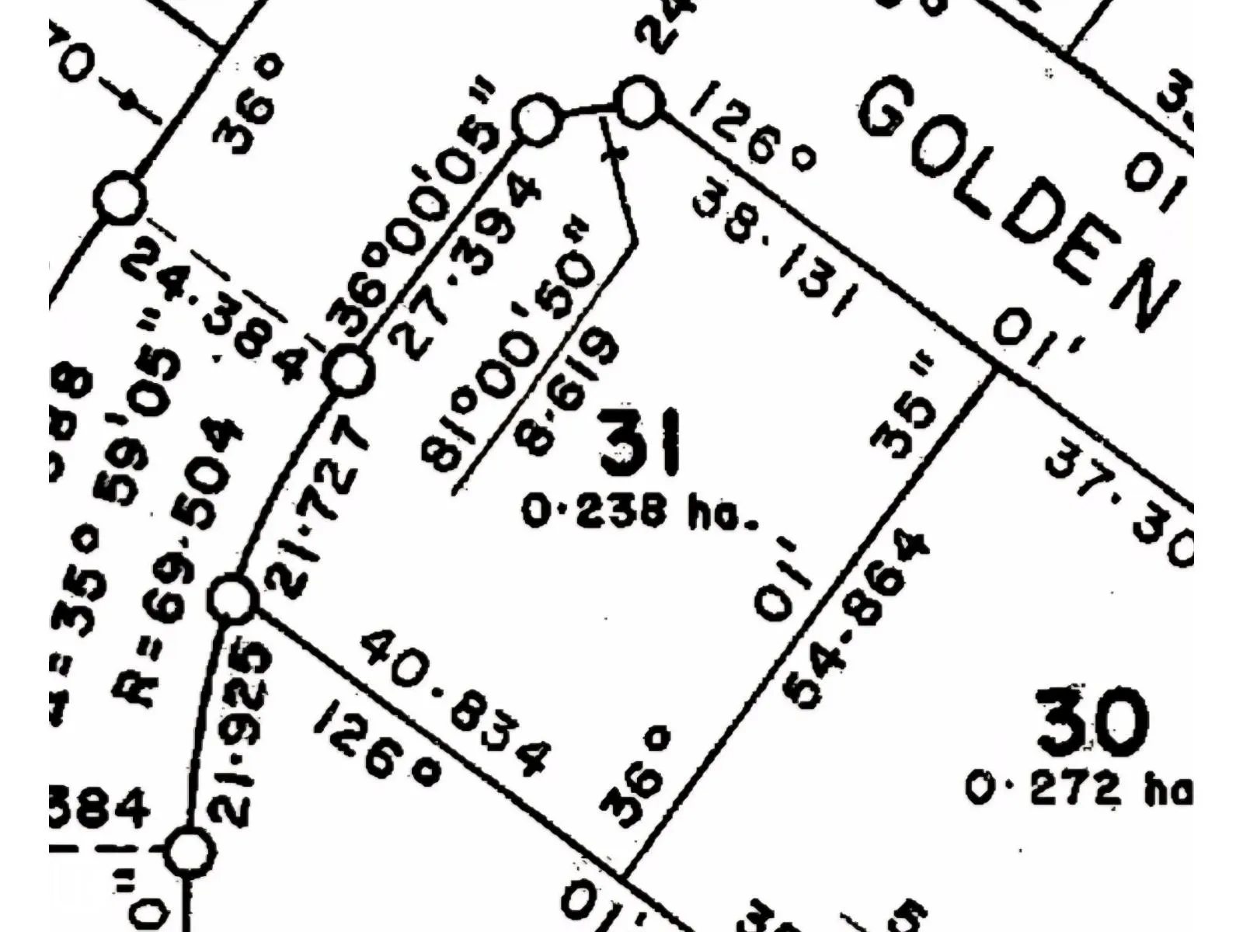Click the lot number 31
[641, 443]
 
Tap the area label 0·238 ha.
[639, 513]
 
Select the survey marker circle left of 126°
[639, 102]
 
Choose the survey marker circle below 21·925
[189, 851]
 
